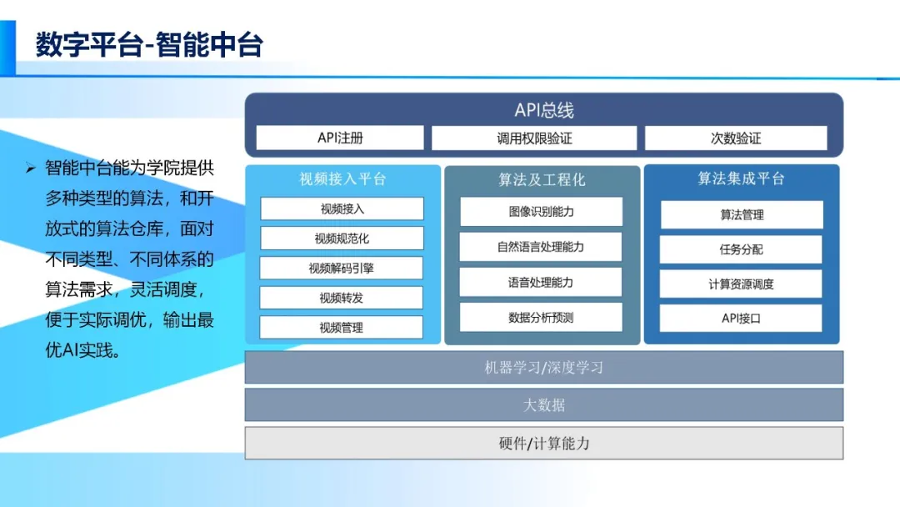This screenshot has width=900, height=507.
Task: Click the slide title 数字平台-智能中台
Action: pyautogui.click(x=149, y=44)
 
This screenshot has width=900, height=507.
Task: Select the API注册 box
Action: pyautogui.click(x=340, y=138)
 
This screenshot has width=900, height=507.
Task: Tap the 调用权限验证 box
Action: pyautogui.click(x=534, y=138)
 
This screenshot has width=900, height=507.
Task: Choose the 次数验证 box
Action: pyautogui.click(x=736, y=138)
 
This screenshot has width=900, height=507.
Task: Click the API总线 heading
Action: pyautogui.click(x=543, y=110)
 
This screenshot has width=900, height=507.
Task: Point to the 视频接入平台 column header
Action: pyautogui.click(x=342, y=179)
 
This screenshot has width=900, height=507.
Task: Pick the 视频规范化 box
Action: pyautogui.click(x=342, y=238)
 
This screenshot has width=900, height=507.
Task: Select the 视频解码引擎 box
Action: pyautogui.click(x=342, y=269)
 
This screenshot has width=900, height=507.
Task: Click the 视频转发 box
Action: pyautogui.click(x=342, y=298)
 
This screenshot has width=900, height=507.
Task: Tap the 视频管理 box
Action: pyautogui.click(x=342, y=328)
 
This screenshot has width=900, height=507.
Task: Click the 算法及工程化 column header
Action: pyautogui.click(x=542, y=179)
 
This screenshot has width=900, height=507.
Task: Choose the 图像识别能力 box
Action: pyautogui.click(x=541, y=212)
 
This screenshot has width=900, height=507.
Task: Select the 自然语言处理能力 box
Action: pyautogui.click(x=541, y=247)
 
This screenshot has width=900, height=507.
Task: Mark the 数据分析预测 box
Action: pyautogui.click(x=541, y=318)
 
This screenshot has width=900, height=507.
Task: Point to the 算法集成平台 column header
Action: pyautogui.click(x=741, y=179)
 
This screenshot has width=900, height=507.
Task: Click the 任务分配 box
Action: pyautogui.click(x=741, y=249)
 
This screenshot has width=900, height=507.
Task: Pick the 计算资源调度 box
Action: pyautogui.click(x=741, y=284)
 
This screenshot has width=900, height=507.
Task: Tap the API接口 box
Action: pyautogui.click(x=741, y=319)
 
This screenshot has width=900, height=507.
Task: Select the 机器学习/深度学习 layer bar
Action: pyautogui.click(x=543, y=368)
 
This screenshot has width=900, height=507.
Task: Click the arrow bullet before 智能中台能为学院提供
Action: pyautogui.click(x=31, y=168)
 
